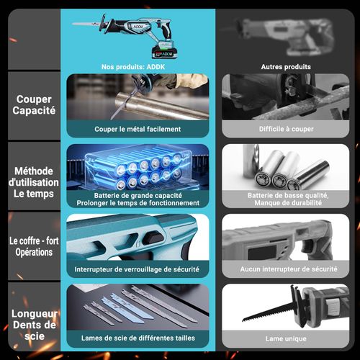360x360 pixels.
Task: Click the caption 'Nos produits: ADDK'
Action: pyautogui.click(x=133, y=67)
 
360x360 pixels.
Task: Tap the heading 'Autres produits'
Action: pyautogui.click(x=286, y=67)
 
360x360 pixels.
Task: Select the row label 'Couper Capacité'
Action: pyautogui.click(x=34, y=105)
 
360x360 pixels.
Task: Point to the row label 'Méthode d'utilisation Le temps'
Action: pyautogui.click(x=34, y=182)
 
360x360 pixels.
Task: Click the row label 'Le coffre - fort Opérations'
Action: pyautogui.click(x=34, y=246)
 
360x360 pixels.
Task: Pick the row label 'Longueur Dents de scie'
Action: pyautogui.click(x=35, y=325)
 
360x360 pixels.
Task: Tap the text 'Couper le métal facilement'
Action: pyautogui.click(x=138, y=129)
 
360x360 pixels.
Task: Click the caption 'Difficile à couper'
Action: pyautogui.click(x=286, y=129)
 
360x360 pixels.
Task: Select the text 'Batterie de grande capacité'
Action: pyautogui.click(x=138, y=195)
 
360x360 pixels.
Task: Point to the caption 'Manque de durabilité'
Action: pyautogui.click(x=288, y=203)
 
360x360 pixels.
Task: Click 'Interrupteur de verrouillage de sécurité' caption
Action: pyautogui.click(x=137, y=269)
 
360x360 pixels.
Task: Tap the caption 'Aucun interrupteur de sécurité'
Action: pyautogui.click(x=289, y=269)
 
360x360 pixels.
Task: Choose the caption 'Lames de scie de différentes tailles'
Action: pyautogui.click(x=138, y=338)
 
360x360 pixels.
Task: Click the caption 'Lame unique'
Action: pyautogui.click(x=286, y=338)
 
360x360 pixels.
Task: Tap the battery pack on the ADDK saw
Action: pyautogui.click(x=166, y=50)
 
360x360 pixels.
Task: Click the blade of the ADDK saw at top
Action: pyautogui.click(x=86, y=24)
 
